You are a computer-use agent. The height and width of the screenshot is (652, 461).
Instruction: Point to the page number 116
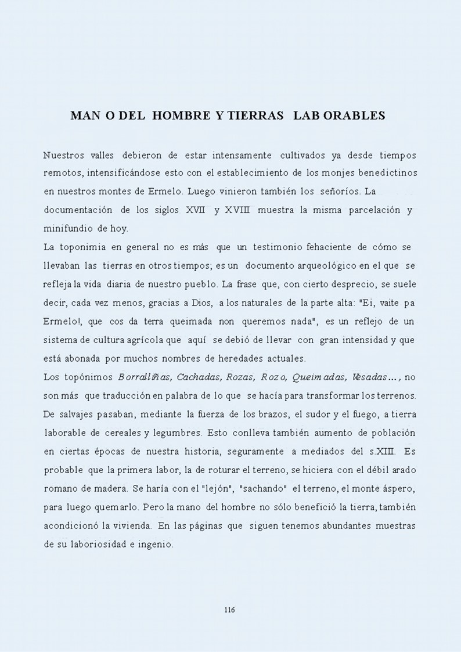229,610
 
